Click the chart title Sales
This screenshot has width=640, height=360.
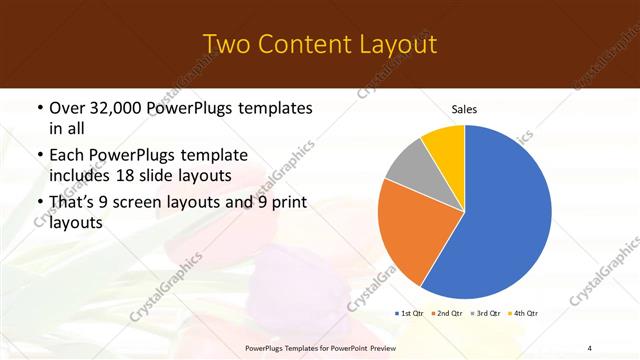click(x=464, y=108)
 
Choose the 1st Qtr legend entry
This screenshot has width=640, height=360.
click(x=410, y=314)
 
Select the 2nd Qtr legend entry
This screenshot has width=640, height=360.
click(x=447, y=314)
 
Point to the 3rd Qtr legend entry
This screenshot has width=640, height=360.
click(x=484, y=314)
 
